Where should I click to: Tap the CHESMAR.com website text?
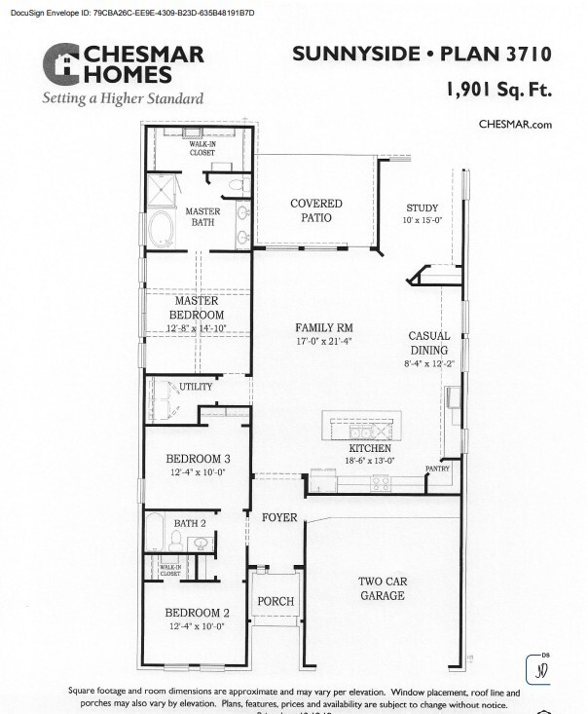coord(515,124)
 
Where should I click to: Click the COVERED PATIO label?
coord(316,211)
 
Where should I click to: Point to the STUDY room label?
coord(423,208)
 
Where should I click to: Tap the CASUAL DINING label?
coord(428,343)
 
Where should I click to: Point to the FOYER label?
coord(278,517)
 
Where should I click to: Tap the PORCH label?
coord(275,601)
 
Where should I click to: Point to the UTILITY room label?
coord(195,387)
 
